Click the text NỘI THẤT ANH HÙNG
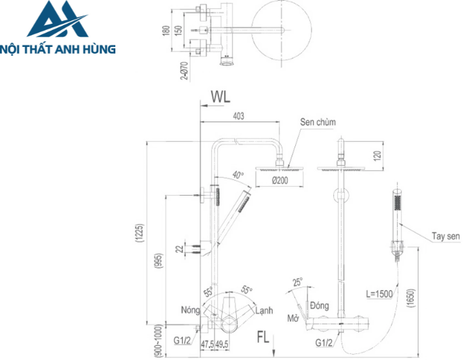tap(58, 49)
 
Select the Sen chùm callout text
tap(318, 122)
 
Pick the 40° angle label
tap(237, 174)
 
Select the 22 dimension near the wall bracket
tap(179, 249)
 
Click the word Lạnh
tap(264, 310)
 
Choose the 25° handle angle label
tap(297, 281)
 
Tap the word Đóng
tap(319, 306)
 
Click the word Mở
tap(293, 318)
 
